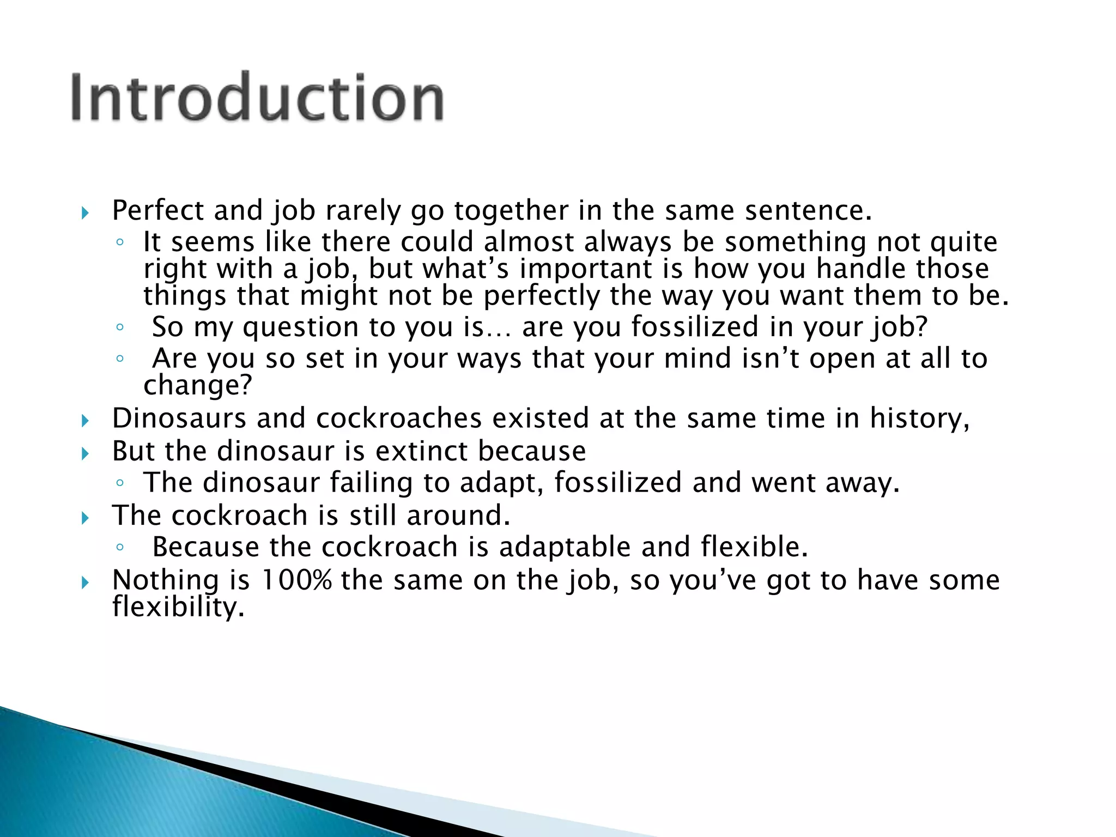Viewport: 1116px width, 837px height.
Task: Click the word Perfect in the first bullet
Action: pyautogui.click(x=157, y=210)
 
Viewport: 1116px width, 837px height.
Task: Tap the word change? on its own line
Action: pyautogui.click(x=198, y=385)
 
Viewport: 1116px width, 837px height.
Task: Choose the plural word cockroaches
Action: pyautogui.click(x=399, y=418)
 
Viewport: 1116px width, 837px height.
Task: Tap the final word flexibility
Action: pyautogui.click(x=178, y=606)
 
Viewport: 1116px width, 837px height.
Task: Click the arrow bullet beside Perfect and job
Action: pyautogui.click(x=84, y=213)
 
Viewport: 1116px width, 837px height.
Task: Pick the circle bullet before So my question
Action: pyautogui.click(x=120, y=327)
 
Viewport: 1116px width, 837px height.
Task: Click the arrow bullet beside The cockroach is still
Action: pyautogui.click(x=84, y=518)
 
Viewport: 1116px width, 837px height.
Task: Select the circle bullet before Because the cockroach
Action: pyautogui.click(x=120, y=547)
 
